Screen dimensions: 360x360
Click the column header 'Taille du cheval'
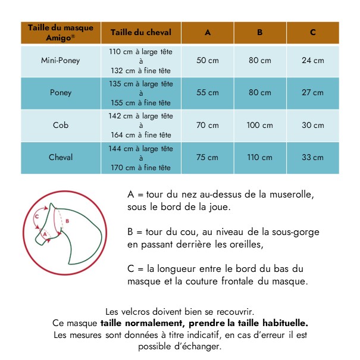[x=140, y=33]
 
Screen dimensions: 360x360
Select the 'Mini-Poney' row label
[x=61, y=61]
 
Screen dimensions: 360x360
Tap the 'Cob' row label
[x=61, y=126]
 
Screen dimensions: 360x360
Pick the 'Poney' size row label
[x=61, y=93]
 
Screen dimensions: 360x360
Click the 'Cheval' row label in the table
[x=61, y=158]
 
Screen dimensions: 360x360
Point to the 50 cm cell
[x=208, y=61]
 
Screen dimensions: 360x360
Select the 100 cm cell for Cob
[x=260, y=126]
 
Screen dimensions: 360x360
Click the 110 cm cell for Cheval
[x=260, y=158]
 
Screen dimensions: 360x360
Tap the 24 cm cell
[x=312, y=61]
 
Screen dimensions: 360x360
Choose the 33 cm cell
[x=312, y=158]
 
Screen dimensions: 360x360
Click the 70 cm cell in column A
[x=208, y=126]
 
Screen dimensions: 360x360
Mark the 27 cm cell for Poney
[x=312, y=93]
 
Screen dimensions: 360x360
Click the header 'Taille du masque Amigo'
[x=61, y=32]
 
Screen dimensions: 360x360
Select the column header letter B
[x=260, y=33]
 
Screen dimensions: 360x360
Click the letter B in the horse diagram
[x=67, y=221]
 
